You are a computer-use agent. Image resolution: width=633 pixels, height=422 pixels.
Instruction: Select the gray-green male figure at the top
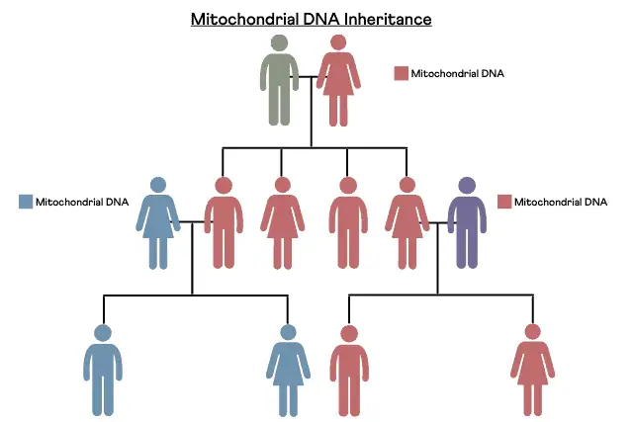(279, 80)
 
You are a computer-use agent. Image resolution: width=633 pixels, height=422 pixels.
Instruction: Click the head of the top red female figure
(338, 42)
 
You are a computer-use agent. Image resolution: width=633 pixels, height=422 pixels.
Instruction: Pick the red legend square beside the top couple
(401, 73)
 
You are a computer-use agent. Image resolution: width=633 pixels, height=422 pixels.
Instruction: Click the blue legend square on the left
(26, 202)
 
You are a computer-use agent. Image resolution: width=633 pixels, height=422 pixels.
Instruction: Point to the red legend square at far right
(504, 202)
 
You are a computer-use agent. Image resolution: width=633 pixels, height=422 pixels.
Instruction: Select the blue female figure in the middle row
(158, 223)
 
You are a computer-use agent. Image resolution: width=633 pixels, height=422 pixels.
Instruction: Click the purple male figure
(467, 222)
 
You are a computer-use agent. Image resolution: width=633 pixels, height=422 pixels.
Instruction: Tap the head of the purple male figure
(467, 185)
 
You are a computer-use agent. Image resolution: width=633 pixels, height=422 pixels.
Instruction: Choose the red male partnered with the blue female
(224, 222)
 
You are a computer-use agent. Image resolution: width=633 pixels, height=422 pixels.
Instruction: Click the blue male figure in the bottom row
(103, 371)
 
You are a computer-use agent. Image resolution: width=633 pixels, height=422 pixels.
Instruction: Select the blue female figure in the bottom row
(288, 371)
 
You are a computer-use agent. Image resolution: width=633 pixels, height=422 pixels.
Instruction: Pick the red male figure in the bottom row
(349, 371)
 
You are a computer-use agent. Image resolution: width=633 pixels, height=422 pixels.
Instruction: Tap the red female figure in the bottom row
(532, 371)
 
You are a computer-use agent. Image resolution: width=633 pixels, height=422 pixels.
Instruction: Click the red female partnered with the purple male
(407, 223)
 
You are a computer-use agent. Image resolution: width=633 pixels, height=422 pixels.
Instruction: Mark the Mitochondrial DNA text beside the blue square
(82, 202)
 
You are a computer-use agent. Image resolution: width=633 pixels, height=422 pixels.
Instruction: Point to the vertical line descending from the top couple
(312, 112)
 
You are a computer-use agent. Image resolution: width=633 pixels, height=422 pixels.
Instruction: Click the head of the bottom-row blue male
(103, 333)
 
